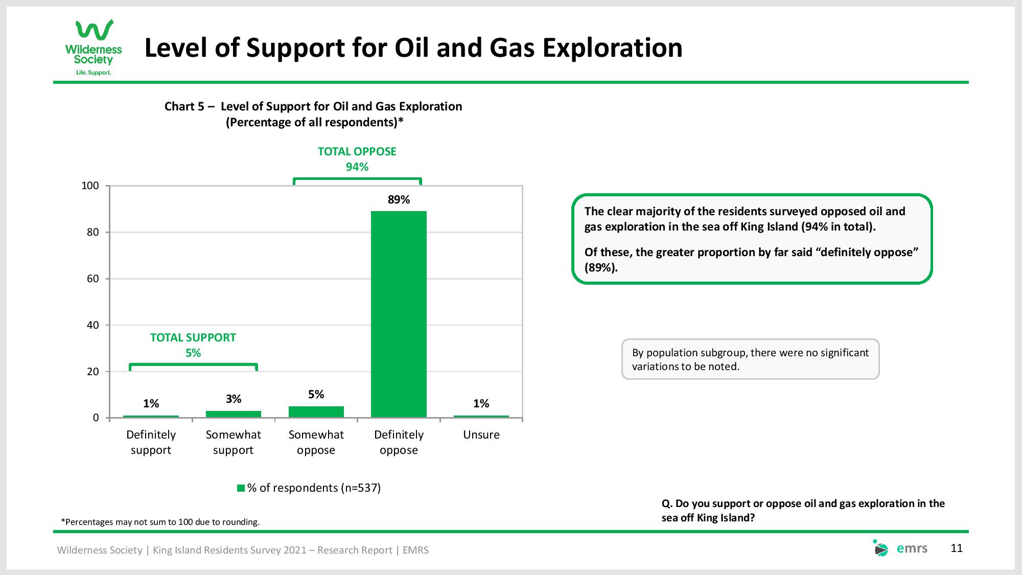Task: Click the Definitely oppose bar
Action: click(x=399, y=314)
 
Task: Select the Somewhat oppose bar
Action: click(x=316, y=412)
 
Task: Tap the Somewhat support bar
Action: click(x=234, y=414)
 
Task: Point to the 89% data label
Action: click(x=399, y=200)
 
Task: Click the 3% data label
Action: click(x=234, y=399)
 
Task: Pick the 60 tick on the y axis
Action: click(x=92, y=279)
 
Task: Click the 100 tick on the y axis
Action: click(x=90, y=186)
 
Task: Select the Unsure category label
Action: click(x=481, y=435)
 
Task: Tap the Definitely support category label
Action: click(x=151, y=443)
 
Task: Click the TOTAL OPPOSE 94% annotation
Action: click(x=357, y=159)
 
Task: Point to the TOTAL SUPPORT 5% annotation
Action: click(x=193, y=345)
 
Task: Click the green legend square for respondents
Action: click(x=241, y=488)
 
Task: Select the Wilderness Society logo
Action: click(x=94, y=48)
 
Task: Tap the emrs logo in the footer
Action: click(x=900, y=548)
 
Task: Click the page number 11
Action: click(x=957, y=548)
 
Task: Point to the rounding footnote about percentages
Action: click(x=160, y=522)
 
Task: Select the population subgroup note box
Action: click(x=751, y=359)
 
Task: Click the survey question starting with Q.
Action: click(x=803, y=511)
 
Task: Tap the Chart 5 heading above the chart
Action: click(x=313, y=114)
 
